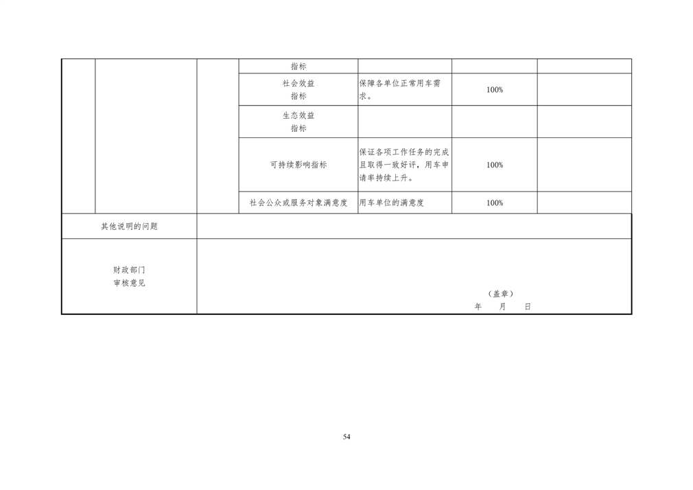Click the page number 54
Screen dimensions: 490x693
coord(346,436)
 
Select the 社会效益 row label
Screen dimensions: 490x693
coord(298,83)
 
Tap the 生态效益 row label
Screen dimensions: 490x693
coord(298,115)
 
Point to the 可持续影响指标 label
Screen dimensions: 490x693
coord(298,165)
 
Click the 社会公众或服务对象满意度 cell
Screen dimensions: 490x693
coord(298,202)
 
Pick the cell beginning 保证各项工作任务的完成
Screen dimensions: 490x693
coord(404,165)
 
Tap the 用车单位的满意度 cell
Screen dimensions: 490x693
coord(391,202)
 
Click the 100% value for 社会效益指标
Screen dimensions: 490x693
coord(494,90)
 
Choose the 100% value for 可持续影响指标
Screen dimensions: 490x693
coord(494,165)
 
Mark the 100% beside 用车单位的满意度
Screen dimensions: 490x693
coord(494,202)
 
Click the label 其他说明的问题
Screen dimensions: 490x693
coord(129,226)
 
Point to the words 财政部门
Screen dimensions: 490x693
coord(129,270)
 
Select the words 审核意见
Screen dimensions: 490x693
coord(129,283)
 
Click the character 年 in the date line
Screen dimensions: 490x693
coord(478,307)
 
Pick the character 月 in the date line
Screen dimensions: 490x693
coord(502,307)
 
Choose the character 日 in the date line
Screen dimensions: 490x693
coord(527,307)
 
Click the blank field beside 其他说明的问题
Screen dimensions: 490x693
coord(414,226)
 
